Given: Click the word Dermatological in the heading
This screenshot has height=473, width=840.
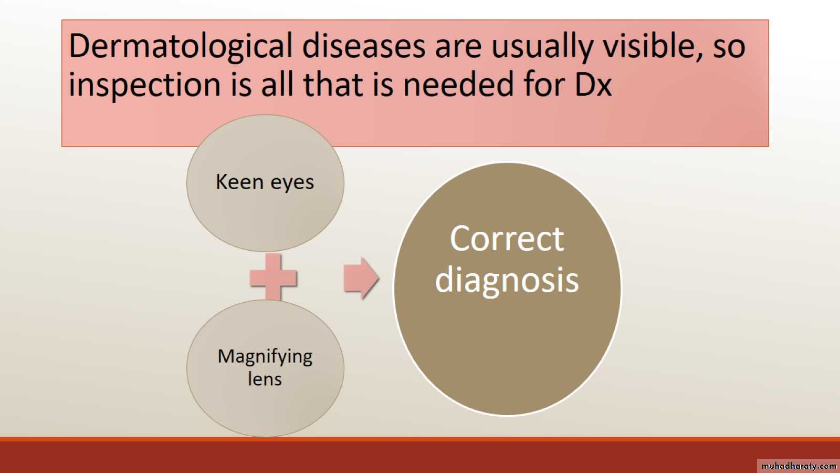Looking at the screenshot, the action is [181, 47].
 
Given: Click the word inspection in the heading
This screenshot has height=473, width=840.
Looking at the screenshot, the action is [145, 85].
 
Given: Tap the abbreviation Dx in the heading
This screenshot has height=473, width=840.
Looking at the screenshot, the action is [593, 84].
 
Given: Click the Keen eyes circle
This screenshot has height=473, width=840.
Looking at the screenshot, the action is [265, 183].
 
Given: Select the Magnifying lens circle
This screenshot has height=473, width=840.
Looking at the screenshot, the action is [265, 368].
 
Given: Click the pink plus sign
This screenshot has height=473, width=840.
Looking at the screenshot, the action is [274, 278].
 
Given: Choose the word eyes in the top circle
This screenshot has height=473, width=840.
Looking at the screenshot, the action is [292, 184].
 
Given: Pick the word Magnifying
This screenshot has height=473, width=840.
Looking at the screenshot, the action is [265, 357].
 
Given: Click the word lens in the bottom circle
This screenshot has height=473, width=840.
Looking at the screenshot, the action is [265, 378].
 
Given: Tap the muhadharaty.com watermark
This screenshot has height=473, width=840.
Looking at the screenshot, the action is [799, 466].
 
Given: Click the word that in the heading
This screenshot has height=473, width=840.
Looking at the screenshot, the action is [333, 84].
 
